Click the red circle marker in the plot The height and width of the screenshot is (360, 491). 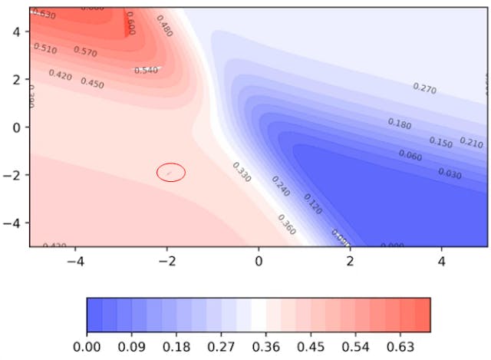[x=171, y=173]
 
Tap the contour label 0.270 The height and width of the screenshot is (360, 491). [x=425, y=88]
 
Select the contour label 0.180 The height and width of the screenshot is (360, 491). [x=400, y=123]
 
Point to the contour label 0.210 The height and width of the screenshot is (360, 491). [x=471, y=143]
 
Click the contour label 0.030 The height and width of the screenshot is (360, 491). [x=450, y=173]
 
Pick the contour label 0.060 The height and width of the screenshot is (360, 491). [x=410, y=156]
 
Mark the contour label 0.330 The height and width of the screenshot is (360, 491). [x=241, y=172]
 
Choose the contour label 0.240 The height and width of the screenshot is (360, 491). [x=281, y=186]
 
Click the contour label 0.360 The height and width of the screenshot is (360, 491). [x=285, y=224]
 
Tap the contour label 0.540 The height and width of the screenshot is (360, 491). [x=146, y=71]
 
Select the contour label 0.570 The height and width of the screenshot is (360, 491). [x=85, y=51]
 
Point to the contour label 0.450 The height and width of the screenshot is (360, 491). [x=92, y=83]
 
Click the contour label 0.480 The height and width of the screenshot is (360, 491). [x=164, y=25]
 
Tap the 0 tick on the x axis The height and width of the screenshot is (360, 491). [x=259, y=262]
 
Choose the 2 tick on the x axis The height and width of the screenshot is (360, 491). [x=350, y=262]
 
